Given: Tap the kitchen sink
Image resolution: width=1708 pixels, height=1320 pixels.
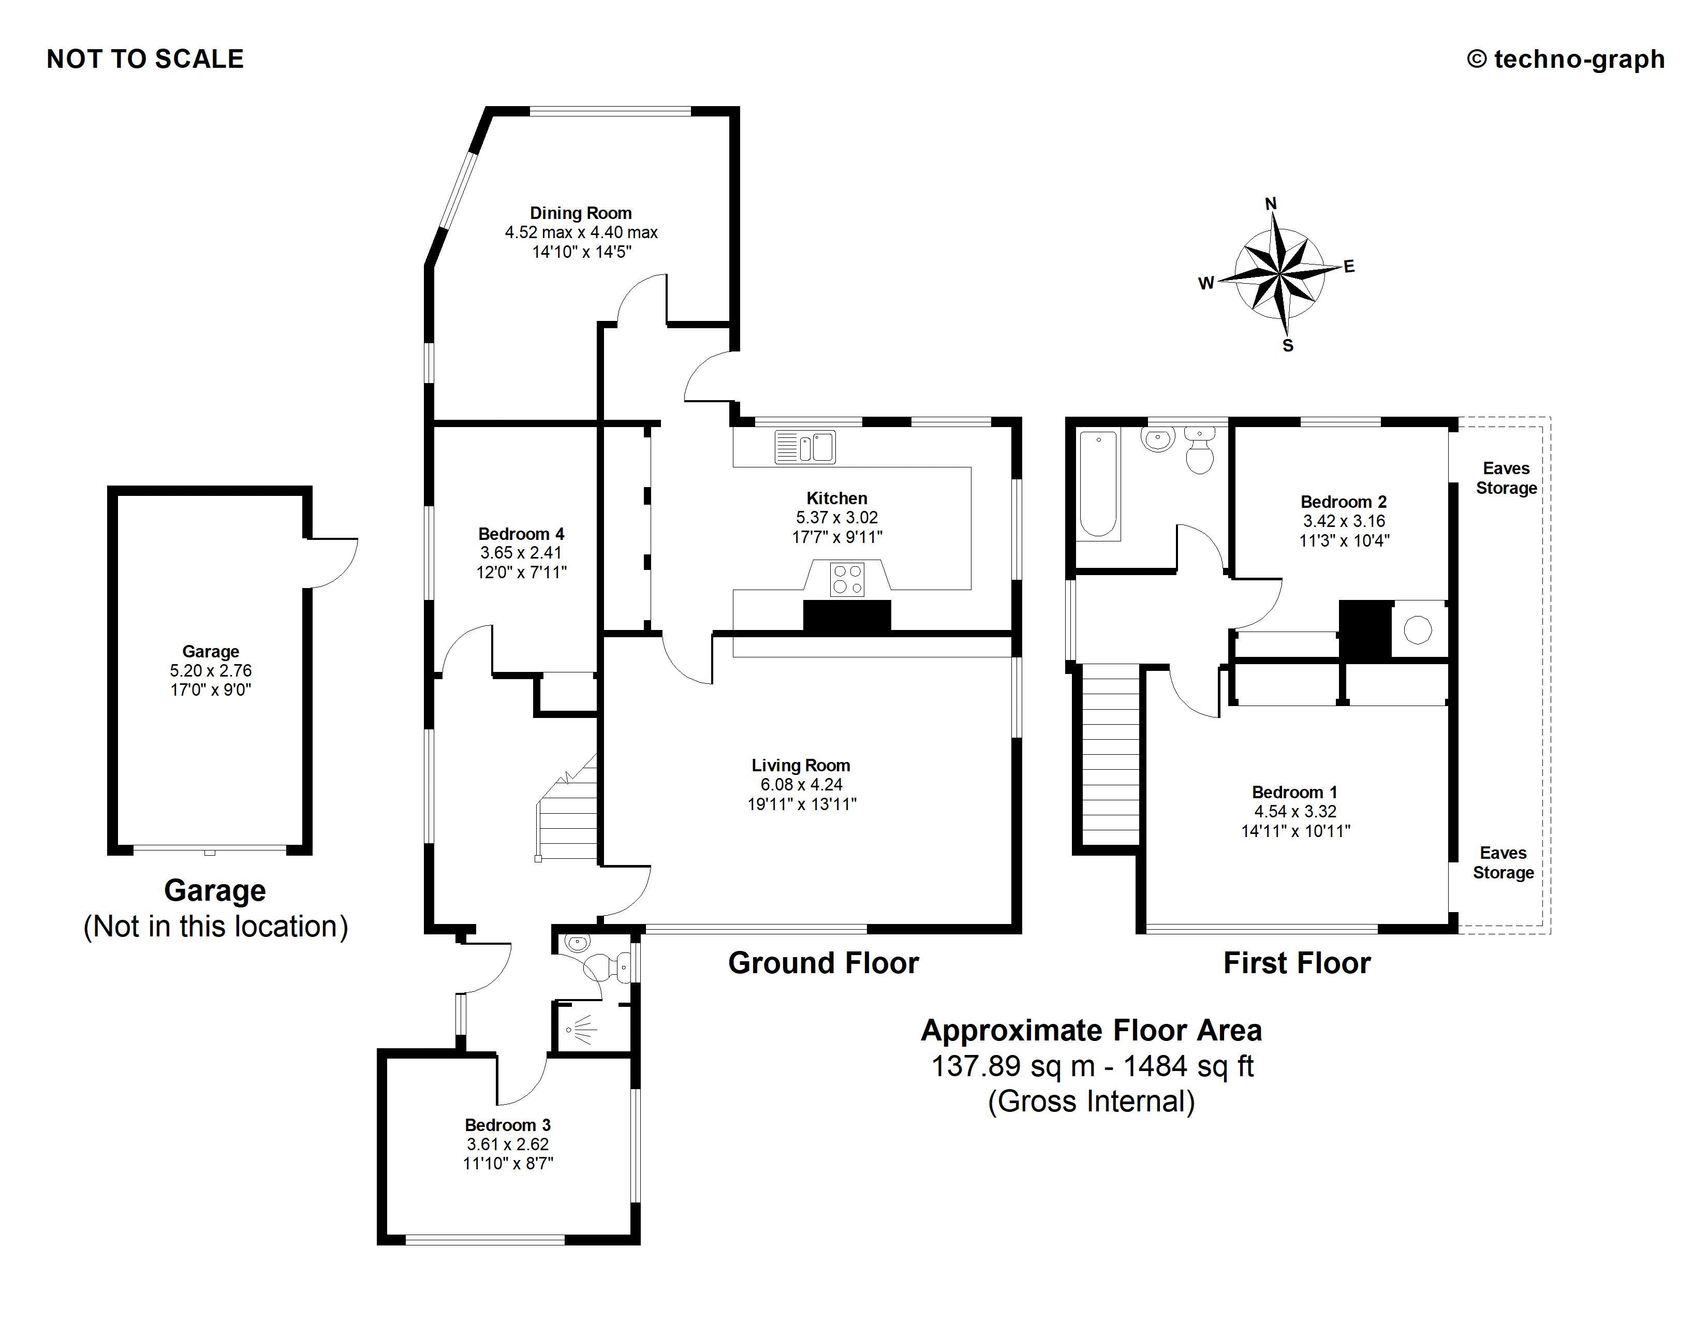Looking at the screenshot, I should (805, 447).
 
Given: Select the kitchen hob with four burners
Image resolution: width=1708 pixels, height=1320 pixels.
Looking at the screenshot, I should (847, 579).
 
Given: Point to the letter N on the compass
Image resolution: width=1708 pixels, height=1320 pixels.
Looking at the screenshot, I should (1271, 204).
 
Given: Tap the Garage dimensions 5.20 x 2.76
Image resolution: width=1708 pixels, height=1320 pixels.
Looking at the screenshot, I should (210, 670).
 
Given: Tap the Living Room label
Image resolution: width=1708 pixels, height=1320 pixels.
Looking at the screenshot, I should (801, 766).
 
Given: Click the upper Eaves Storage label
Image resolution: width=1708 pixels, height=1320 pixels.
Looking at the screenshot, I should (1506, 478).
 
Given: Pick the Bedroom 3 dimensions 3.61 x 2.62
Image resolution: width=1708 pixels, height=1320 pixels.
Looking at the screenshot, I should (508, 1144).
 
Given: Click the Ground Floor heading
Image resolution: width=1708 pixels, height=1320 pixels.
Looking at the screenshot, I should (823, 963).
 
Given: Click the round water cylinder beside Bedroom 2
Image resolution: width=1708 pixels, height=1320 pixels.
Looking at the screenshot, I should (1418, 629).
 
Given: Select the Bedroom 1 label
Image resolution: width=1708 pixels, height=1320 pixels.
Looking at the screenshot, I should (1294, 792).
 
